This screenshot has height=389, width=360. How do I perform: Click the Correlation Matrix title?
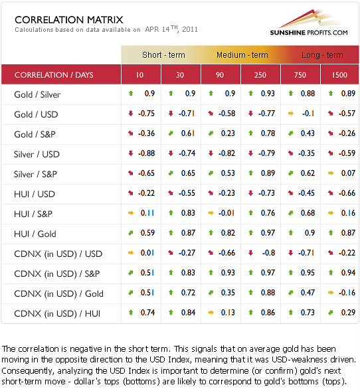[x=69, y=20]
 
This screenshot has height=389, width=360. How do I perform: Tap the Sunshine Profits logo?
[x=309, y=23]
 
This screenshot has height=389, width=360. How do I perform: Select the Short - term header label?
[x=163, y=54]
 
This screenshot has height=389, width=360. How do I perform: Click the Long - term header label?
[x=322, y=54]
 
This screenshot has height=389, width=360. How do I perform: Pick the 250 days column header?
[x=260, y=75]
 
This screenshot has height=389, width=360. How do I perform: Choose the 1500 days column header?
[x=339, y=75]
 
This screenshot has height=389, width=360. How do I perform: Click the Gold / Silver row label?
[x=37, y=94]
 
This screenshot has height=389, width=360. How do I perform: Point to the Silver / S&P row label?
[x=35, y=174]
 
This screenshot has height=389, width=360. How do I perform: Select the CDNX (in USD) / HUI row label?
[x=57, y=313]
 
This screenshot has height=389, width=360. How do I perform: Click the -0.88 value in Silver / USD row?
[x=147, y=153]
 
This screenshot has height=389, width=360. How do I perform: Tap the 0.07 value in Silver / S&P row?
[x=348, y=173]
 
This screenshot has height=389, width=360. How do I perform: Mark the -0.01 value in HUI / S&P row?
[x=226, y=213]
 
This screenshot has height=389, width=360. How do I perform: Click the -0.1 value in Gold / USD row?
[x=308, y=114]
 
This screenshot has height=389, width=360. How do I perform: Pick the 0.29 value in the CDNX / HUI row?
[x=348, y=313]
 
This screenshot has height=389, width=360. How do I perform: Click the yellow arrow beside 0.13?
[x=211, y=313]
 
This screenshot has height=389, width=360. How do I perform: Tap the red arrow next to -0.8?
[x=251, y=253]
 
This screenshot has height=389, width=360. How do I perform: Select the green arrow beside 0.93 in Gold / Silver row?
[x=251, y=94]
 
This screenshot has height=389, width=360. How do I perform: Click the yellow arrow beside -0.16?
[x=331, y=293]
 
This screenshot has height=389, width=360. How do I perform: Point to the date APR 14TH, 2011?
[x=171, y=29]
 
